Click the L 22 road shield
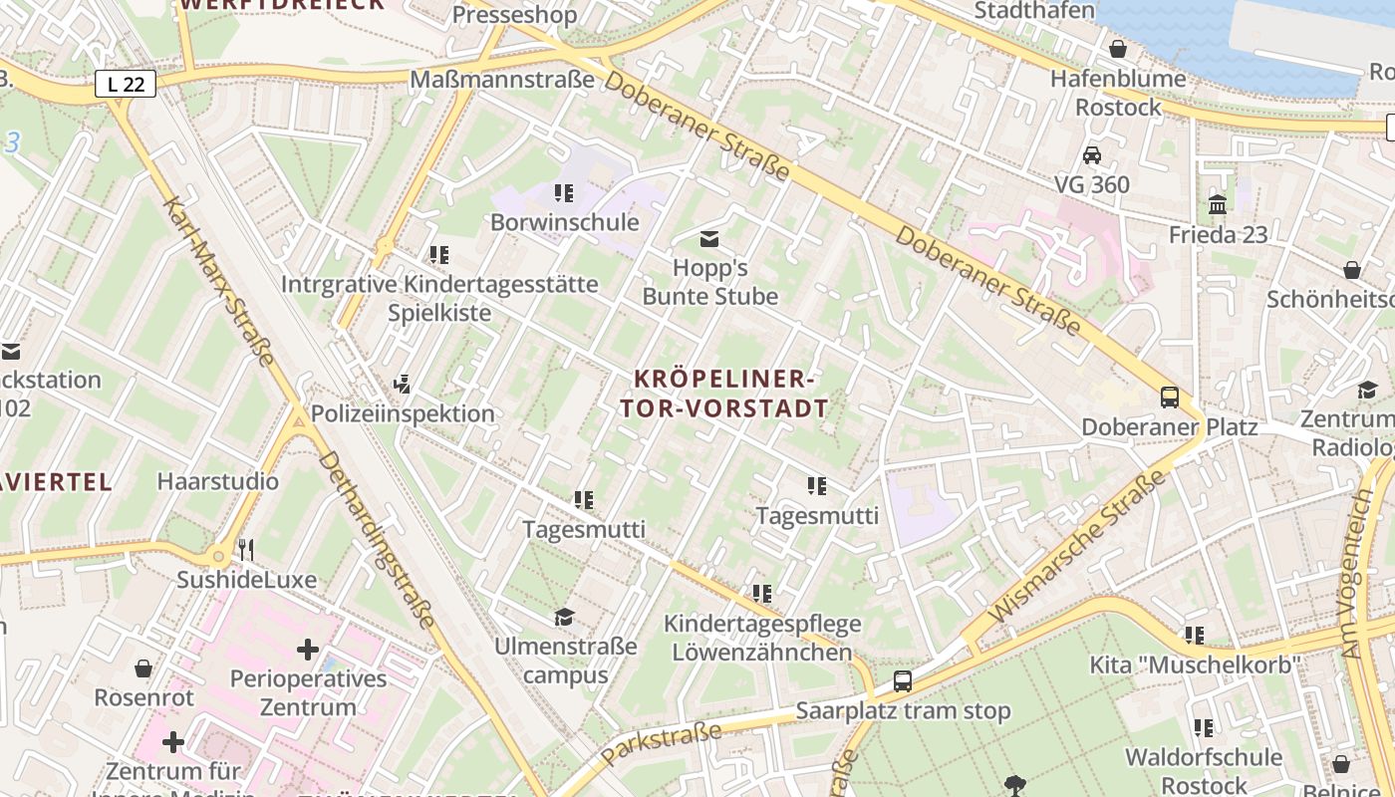(126, 85)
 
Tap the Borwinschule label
(564, 222)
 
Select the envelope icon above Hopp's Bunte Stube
(709, 239)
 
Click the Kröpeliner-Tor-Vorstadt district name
(724, 394)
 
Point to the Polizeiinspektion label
(403, 413)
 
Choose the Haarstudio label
(218, 482)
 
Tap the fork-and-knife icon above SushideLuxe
(246, 549)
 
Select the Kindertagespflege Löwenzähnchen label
(762, 639)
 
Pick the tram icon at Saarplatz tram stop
(902, 681)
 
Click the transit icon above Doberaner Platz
(1170, 398)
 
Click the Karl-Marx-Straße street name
(218, 281)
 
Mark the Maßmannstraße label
(502, 80)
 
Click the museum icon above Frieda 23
(1218, 205)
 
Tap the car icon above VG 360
(1092, 155)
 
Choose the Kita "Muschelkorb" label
(1195, 664)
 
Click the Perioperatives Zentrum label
(308, 693)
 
